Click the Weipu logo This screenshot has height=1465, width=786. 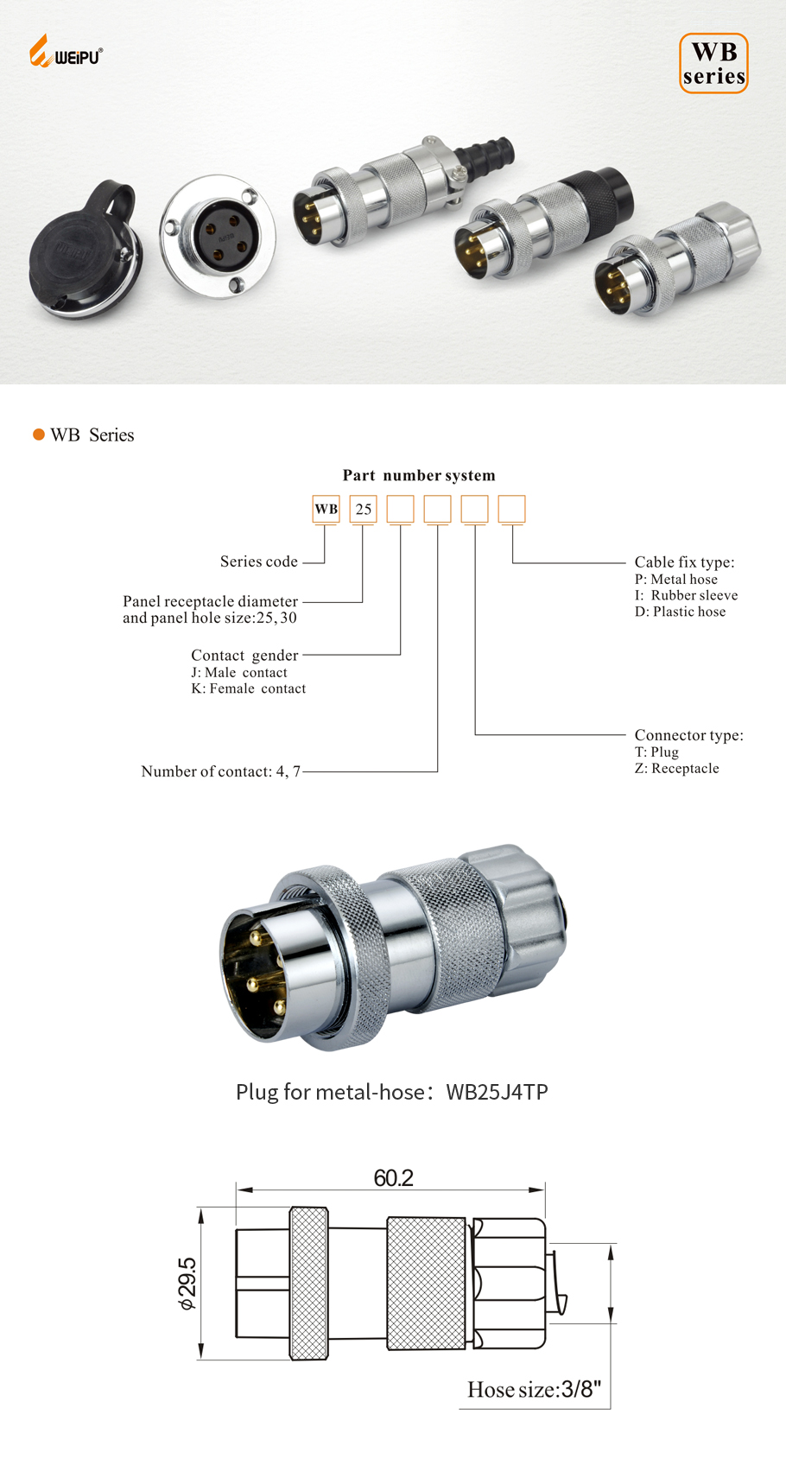(66, 52)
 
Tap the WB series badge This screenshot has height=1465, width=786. (713, 63)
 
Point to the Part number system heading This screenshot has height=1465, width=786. (419, 475)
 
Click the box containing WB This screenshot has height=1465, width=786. (326, 509)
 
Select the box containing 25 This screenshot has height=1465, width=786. (364, 509)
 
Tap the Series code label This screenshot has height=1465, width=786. (259, 561)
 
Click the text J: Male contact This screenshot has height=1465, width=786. (239, 672)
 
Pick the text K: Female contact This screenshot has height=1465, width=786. (249, 688)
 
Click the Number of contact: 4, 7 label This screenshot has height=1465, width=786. (221, 771)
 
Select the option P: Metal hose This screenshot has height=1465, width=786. (676, 579)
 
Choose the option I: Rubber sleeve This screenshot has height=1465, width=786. (687, 595)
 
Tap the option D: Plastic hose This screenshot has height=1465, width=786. (681, 612)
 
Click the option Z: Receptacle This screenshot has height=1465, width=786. (677, 768)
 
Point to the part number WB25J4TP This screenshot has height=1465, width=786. (497, 1092)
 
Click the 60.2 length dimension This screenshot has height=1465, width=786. (393, 1177)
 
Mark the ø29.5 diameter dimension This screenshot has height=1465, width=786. (187, 1283)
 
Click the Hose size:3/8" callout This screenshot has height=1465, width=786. (534, 1389)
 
